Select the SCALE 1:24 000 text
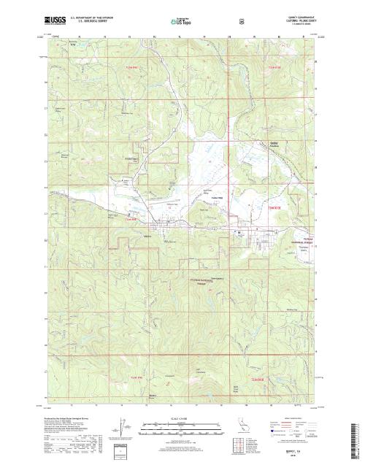(x=180, y=418)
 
